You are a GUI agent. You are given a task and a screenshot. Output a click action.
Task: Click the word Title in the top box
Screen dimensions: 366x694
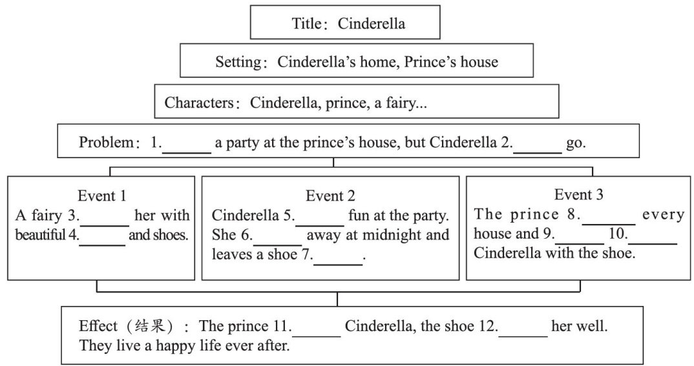point(306,24)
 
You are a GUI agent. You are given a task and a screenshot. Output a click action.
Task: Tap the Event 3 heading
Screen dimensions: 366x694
point(578,195)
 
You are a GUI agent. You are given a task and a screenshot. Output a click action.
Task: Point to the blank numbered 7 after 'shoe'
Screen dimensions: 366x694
point(337,258)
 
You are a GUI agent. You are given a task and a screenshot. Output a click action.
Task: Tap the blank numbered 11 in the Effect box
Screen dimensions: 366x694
point(317,328)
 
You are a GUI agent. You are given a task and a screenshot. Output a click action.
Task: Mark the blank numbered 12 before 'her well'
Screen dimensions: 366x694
point(523,328)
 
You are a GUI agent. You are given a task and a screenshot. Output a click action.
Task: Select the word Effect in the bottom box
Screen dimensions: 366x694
point(98,326)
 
